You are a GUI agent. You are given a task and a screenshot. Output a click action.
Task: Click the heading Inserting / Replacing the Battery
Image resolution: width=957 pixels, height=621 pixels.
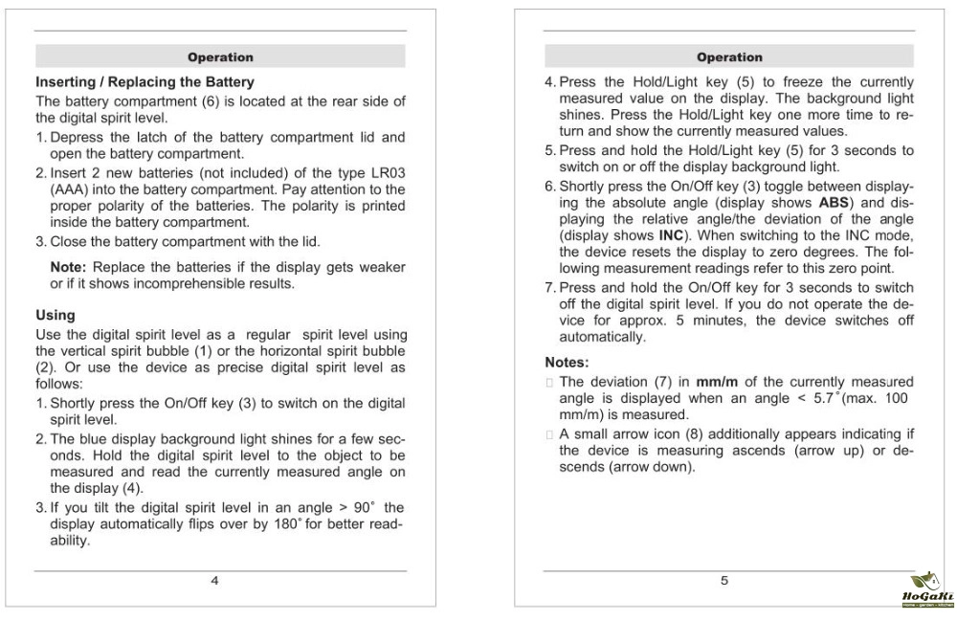[145, 82]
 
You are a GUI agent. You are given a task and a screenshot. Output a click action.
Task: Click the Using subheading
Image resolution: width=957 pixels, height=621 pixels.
[56, 315]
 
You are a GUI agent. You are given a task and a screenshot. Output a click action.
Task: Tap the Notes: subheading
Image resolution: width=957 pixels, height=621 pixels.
[567, 364]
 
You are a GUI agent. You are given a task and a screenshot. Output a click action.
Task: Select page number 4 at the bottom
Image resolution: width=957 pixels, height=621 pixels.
[214, 581]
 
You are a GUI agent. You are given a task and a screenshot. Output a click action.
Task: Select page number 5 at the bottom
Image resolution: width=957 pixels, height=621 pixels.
[724, 581]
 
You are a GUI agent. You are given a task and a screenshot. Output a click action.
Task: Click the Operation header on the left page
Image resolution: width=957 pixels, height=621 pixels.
[220, 57]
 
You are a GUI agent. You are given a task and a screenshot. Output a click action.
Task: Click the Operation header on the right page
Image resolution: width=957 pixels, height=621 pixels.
[729, 57]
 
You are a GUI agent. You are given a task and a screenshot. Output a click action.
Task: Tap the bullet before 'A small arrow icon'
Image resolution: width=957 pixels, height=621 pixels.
[549, 433]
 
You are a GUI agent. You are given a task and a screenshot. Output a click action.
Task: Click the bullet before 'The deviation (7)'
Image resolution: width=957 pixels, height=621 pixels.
[549, 383]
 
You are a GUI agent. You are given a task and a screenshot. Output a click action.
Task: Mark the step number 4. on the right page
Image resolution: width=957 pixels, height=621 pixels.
[550, 83]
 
